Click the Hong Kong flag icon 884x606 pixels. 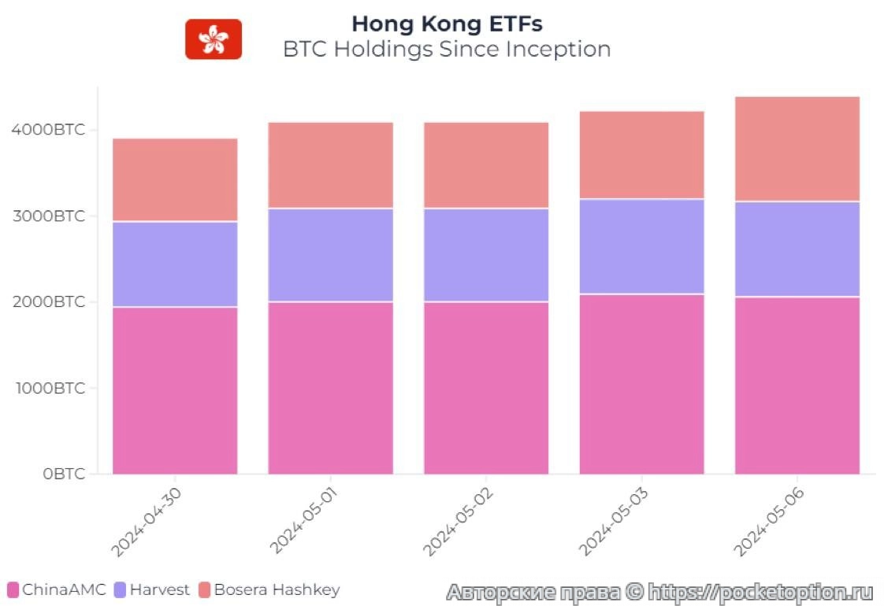click(213, 39)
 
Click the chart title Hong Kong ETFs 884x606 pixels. click(447, 24)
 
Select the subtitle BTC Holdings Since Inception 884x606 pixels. click(447, 49)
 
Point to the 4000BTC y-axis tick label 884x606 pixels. click(48, 130)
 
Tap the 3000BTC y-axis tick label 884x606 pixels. click(48, 216)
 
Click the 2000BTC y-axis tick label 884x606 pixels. click(48, 302)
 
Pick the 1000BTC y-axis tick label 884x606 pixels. click(48, 388)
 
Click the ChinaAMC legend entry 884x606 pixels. click(56, 589)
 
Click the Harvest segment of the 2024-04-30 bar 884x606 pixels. click(175, 264)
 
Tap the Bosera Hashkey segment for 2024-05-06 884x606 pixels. click(797, 150)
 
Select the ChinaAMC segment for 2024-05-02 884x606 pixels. click(486, 388)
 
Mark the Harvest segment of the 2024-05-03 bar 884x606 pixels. click(641, 246)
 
